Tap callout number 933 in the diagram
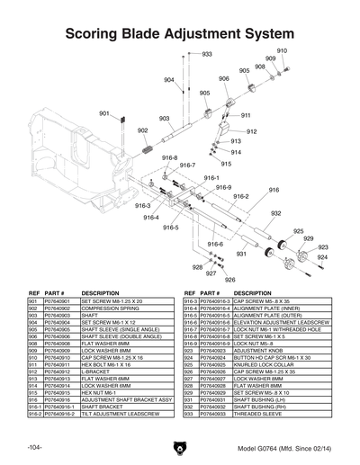(x=206, y=55)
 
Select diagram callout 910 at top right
(x=281, y=51)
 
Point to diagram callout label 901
(x=104, y=113)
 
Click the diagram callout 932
(x=277, y=213)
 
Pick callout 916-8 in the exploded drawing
(x=169, y=158)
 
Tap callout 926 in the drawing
(x=229, y=280)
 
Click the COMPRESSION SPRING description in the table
(x=113, y=309)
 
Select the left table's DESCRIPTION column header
(x=100, y=293)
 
